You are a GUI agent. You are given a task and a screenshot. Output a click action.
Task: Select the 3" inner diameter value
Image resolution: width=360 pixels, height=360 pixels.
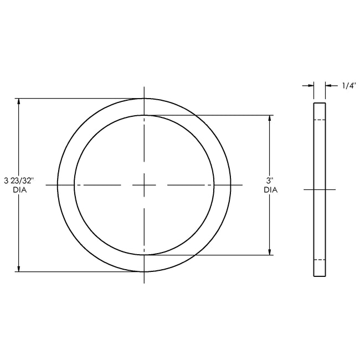coord(270,181)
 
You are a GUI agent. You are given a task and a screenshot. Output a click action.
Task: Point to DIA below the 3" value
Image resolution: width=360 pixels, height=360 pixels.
coord(270,189)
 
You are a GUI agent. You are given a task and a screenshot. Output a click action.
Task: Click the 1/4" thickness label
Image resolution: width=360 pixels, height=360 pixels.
coord(349,86)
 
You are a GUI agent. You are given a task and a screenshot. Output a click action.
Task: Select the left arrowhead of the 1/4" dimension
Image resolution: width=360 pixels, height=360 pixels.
coord(311,86)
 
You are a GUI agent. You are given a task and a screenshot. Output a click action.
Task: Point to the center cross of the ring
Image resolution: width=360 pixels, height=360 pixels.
coord(144,184)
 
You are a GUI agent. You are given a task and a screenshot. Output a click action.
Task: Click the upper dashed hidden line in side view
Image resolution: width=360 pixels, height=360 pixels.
coord(320,120)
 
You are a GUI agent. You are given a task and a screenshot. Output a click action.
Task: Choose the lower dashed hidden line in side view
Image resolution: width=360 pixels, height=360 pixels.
coord(320,260)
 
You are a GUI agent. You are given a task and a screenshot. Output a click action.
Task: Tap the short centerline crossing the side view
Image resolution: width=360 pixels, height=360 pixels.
coord(320,189)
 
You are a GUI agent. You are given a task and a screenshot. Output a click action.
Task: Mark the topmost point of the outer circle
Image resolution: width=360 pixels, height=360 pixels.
coord(144,98)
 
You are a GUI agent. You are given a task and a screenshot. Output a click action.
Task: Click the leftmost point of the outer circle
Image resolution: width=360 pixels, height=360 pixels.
coord(58,184)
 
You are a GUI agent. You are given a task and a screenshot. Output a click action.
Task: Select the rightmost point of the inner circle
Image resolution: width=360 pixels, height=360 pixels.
coord(214,184)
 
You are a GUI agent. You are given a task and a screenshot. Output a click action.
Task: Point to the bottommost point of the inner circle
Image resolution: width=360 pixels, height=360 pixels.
coord(144,255)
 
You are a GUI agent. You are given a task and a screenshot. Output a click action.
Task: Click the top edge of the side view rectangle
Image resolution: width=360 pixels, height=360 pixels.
coord(320,103)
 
